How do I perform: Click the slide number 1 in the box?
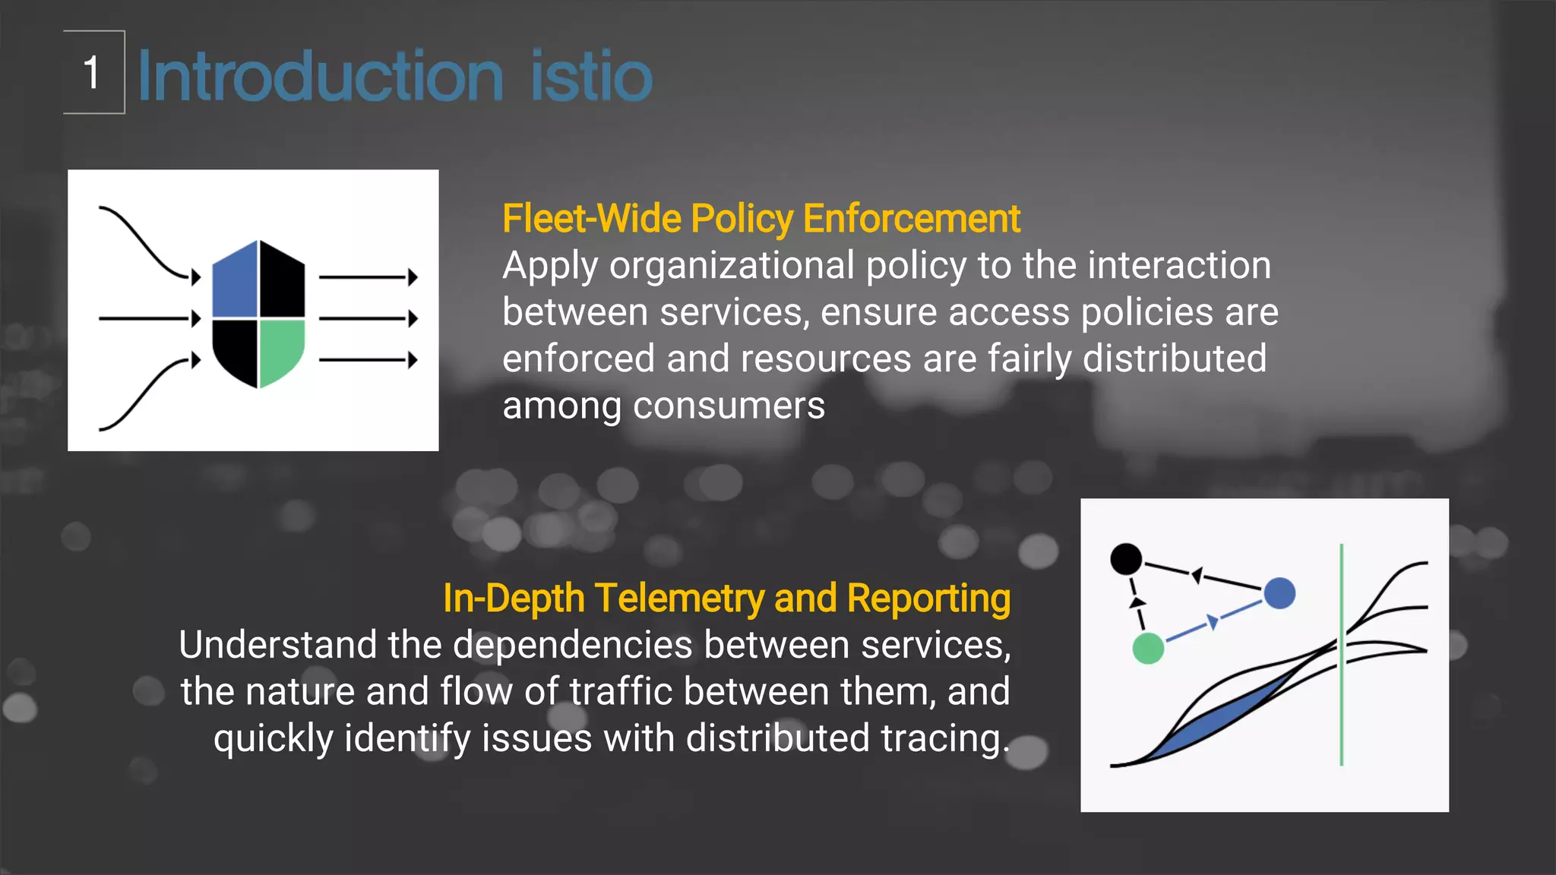click(x=92, y=73)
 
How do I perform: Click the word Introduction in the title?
click(x=320, y=76)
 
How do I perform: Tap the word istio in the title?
click(x=591, y=76)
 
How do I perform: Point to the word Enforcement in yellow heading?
click(x=911, y=220)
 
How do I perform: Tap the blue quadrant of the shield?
click(x=236, y=282)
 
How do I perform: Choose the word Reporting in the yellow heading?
click(x=928, y=599)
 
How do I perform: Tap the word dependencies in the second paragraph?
click(x=572, y=646)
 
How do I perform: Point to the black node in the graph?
click(x=1126, y=559)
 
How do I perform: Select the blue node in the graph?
click(x=1279, y=593)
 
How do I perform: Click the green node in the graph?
click(x=1148, y=649)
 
